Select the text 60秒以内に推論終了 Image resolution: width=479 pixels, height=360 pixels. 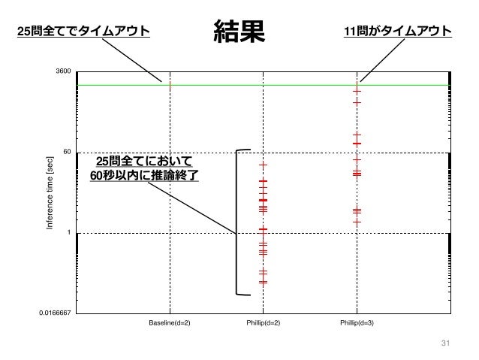(143, 176)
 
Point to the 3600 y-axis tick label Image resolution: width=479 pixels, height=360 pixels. (63, 71)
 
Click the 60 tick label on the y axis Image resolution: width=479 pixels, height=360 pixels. (67, 152)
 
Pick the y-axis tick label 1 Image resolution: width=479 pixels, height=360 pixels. (68, 233)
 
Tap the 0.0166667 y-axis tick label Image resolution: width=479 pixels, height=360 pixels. (55, 313)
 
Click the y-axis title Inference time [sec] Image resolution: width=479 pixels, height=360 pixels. (50, 192)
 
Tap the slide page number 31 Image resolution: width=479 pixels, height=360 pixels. (444, 344)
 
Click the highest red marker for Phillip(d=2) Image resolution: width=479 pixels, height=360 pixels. (264, 165)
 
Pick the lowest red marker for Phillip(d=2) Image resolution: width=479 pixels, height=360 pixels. (264, 283)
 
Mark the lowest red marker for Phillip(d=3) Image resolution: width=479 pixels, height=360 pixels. (357, 222)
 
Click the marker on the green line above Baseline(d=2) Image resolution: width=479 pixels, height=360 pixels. (170, 85)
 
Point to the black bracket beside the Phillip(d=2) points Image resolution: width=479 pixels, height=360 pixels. (238, 222)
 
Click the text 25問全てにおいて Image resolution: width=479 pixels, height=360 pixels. (144, 161)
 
